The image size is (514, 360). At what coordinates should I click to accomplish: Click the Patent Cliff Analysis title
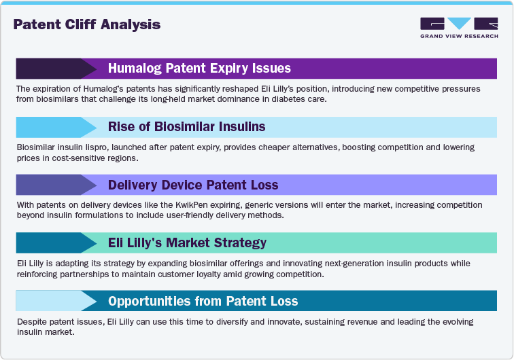point(87,25)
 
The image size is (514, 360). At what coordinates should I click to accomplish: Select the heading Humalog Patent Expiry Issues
point(199,69)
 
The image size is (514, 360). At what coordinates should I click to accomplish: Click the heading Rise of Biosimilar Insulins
point(186,127)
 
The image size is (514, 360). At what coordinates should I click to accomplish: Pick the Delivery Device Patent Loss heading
point(193,185)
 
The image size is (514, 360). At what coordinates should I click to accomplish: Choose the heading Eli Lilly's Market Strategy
point(187,242)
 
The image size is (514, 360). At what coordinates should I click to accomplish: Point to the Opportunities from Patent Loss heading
point(203,301)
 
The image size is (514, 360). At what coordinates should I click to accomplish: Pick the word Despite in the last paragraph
point(31,321)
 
